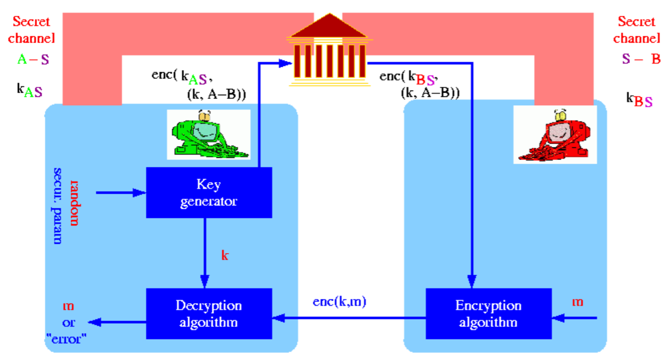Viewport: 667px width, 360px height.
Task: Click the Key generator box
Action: tap(208, 193)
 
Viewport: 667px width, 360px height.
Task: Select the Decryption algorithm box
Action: tap(208, 314)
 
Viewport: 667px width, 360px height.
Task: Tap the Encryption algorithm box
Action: tap(489, 314)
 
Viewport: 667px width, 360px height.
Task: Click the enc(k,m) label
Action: tap(340, 302)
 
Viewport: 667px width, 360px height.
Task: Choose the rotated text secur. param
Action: tap(58, 206)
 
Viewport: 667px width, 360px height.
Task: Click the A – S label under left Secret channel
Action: tap(33, 59)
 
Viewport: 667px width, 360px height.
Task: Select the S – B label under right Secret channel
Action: tap(641, 58)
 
